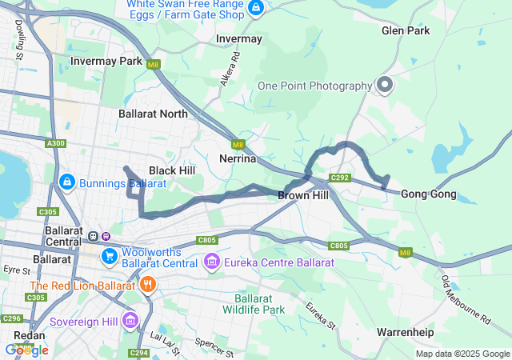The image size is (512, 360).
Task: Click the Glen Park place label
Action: pos(406,30)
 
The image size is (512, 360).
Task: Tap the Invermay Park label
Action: pos(106,61)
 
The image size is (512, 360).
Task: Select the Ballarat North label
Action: pos(153,114)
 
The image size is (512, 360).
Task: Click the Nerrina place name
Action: pos(238,159)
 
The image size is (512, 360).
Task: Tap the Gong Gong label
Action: pos(428,194)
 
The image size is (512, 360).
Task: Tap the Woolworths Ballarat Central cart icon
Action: pos(109,256)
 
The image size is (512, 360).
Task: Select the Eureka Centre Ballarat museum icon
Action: pos(211,262)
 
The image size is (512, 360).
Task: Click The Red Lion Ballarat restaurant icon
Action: pos(147,286)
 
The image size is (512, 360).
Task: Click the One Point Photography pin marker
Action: pos(384,85)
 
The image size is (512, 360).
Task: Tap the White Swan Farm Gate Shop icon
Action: pos(255,9)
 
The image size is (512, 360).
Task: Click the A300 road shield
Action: pos(56,143)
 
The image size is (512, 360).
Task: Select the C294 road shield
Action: pos(138,352)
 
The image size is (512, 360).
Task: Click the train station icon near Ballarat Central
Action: pos(94,236)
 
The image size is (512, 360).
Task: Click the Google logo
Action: pos(26,350)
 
